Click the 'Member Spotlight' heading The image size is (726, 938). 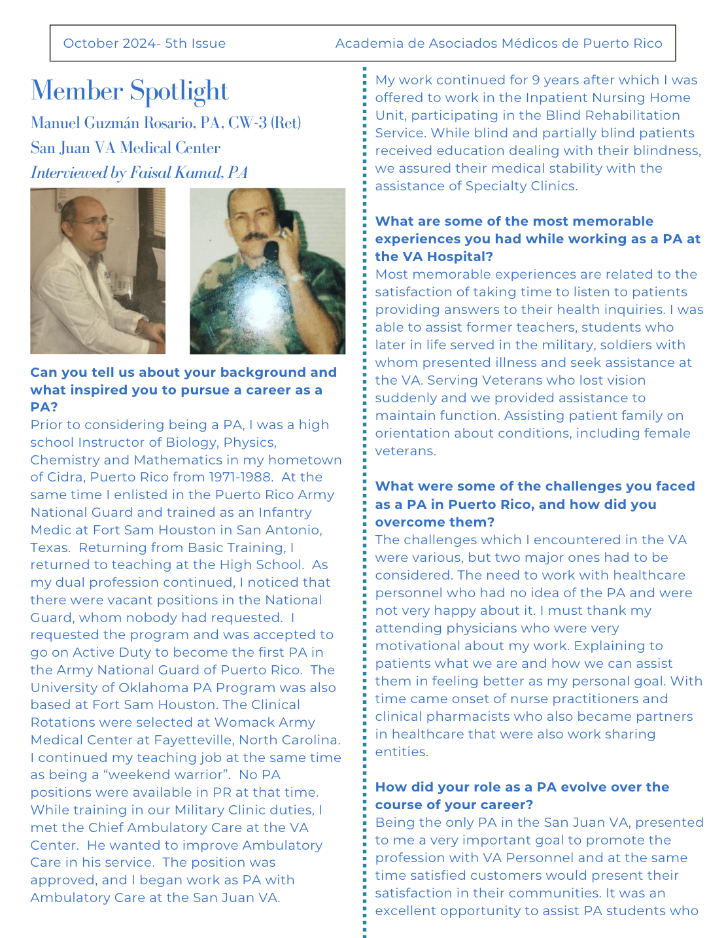[x=130, y=91]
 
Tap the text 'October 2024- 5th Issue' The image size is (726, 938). [x=145, y=43]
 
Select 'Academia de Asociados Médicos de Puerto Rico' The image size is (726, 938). [x=498, y=43]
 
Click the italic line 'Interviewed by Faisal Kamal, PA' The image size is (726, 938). [x=139, y=173]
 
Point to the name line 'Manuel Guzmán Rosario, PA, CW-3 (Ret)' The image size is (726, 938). [x=165, y=123]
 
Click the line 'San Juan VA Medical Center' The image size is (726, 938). [x=125, y=148]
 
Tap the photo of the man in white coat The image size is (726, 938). [x=97, y=271]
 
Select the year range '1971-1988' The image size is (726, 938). [x=239, y=477]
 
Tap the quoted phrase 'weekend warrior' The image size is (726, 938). [x=169, y=774]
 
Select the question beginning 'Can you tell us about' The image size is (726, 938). [x=183, y=390]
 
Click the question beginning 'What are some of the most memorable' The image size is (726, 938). [x=537, y=239]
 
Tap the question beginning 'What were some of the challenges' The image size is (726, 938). [x=534, y=504]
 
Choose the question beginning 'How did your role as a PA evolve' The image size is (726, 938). [x=522, y=795]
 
